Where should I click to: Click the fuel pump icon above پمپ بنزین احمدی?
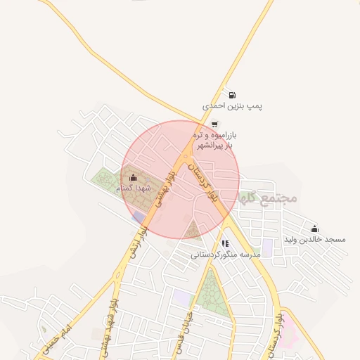pyautogui.click(x=232, y=94)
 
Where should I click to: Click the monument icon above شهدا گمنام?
pyautogui.click(x=134, y=177)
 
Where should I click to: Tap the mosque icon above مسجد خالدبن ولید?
pyautogui.click(x=314, y=229)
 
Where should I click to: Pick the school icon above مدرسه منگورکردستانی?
pyautogui.click(x=224, y=243)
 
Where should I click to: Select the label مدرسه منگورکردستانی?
pyautogui.click(x=226, y=253)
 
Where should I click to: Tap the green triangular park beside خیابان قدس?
pyautogui.click(x=208, y=295)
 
